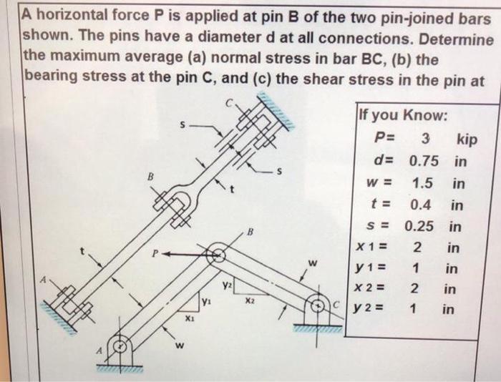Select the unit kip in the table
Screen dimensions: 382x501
coord(465,138)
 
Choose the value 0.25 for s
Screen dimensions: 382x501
coord(420,227)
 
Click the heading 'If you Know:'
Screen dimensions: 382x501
coord(403,115)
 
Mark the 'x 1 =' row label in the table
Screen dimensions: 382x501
coord(371,249)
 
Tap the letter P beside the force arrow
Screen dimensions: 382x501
coord(155,253)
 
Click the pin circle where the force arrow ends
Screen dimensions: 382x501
coord(218,253)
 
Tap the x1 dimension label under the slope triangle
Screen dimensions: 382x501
coord(190,318)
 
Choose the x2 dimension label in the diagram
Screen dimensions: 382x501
coord(249,301)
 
